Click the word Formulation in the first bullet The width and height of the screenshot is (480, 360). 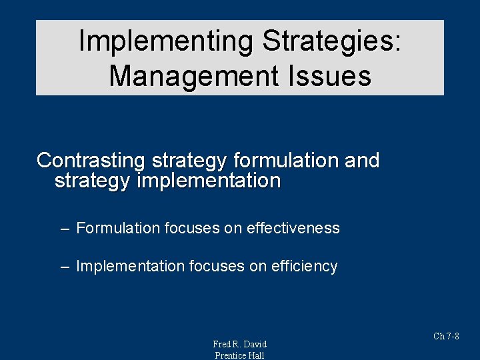[x=118, y=228]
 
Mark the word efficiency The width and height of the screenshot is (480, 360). [x=305, y=267]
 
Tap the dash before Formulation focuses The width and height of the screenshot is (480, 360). [x=64, y=229]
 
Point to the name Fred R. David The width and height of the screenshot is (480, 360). [x=239, y=344]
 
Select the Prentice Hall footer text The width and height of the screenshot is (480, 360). [x=239, y=355]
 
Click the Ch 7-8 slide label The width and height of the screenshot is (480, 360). [x=446, y=336]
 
